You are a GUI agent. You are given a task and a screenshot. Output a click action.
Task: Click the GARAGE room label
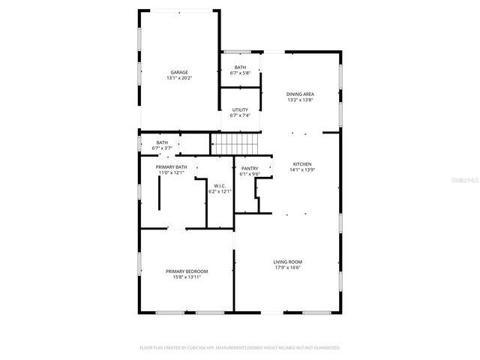(x=178, y=72)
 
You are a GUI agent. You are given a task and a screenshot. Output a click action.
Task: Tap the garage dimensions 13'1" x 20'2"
(x=178, y=78)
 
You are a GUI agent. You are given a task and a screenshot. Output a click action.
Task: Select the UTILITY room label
(x=240, y=109)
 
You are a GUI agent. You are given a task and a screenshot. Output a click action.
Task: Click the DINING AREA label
(x=300, y=94)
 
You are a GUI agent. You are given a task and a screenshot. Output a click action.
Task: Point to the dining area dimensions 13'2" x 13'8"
(x=300, y=100)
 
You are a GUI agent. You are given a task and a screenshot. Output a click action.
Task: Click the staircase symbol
(x=235, y=144)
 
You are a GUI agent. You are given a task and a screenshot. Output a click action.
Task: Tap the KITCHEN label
(x=302, y=164)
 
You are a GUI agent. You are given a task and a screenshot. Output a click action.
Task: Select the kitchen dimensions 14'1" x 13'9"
(x=302, y=170)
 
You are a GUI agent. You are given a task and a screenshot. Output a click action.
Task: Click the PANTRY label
(x=250, y=169)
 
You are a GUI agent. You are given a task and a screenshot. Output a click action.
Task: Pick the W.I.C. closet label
(x=220, y=185)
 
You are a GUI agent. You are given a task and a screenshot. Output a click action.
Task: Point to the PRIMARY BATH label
(x=171, y=166)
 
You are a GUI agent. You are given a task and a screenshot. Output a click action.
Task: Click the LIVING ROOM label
(x=288, y=262)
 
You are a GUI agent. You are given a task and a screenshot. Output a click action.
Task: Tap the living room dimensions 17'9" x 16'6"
(x=288, y=268)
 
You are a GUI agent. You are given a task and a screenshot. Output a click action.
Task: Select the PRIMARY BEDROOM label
(x=187, y=271)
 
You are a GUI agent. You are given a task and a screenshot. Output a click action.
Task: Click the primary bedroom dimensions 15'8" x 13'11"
(x=187, y=277)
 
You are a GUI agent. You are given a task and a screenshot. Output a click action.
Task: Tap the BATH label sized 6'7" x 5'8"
(x=240, y=67)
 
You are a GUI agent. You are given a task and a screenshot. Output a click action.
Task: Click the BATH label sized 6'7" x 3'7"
(x=162, y=142)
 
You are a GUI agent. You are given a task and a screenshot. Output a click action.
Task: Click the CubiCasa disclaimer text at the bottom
(x=240, y=348)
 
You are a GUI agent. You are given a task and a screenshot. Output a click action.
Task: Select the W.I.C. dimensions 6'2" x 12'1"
(x=220, y=191)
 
